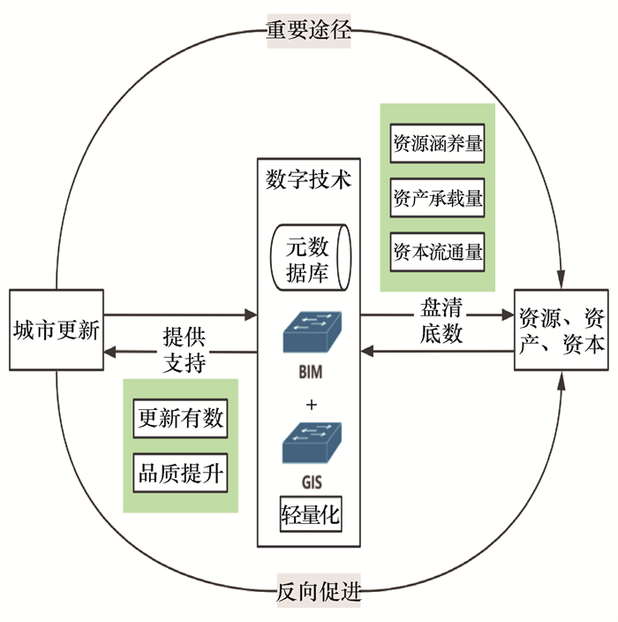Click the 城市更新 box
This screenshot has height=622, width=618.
coord(56,330)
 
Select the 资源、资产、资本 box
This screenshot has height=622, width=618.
coord(561,330)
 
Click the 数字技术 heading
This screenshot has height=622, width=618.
coord(308,179)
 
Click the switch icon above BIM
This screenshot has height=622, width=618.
coord(310,335)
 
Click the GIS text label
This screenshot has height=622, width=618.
coord(310,484)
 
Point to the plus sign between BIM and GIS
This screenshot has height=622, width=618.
coord(310,405)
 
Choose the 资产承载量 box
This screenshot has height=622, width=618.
coord(438,199)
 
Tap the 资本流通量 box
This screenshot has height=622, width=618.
coord(438,252)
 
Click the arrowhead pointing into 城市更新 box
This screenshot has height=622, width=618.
coord(109,353)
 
